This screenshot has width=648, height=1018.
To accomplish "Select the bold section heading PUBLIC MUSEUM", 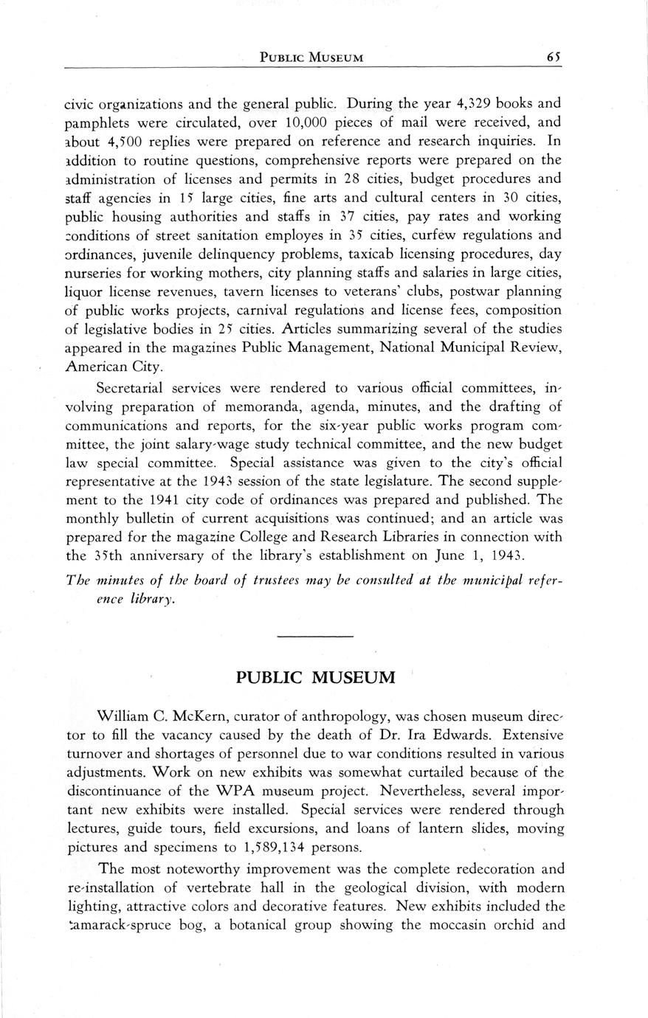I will point(316,677).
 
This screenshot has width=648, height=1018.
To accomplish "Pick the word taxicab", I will point(375,254).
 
